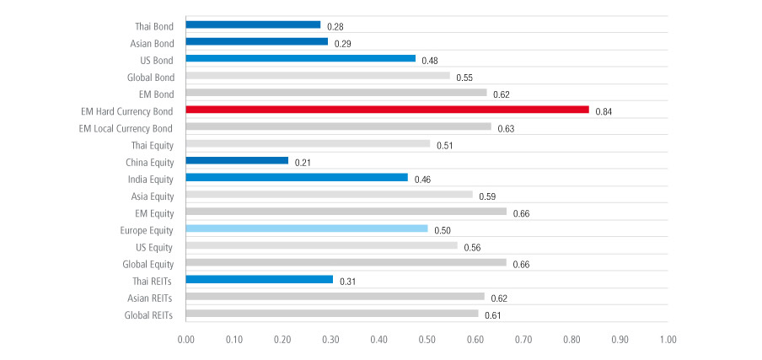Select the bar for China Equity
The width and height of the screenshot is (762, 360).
click(x=237, y=160)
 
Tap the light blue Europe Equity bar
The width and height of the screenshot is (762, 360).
click(x=307, y=228)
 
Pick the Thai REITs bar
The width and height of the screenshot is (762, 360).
click(x=259, y=280)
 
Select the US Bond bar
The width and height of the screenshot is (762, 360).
click(x=300, y=58)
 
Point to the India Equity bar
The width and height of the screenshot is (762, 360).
click(x=297, y=178)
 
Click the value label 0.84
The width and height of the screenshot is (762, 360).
click(x=604, y=111)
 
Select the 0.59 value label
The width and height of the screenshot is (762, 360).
click(x=488, y=196)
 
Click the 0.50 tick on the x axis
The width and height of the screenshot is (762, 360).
click(x=427, y=341)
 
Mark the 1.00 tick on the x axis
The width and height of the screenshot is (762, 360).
click(x=668, y=341)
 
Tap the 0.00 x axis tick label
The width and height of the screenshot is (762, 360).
click(x=185, y=341)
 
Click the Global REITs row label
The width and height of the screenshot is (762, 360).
click(x=148, y=314)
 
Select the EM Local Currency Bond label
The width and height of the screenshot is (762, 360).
click(x=126, y=127)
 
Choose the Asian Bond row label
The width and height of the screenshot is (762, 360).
click(x=153, y=42)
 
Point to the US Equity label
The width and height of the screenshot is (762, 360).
click(x=153, y=247)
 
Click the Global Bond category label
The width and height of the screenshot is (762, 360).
click(x=151, y=77)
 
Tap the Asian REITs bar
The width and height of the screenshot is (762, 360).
click(x=335, y=297)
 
